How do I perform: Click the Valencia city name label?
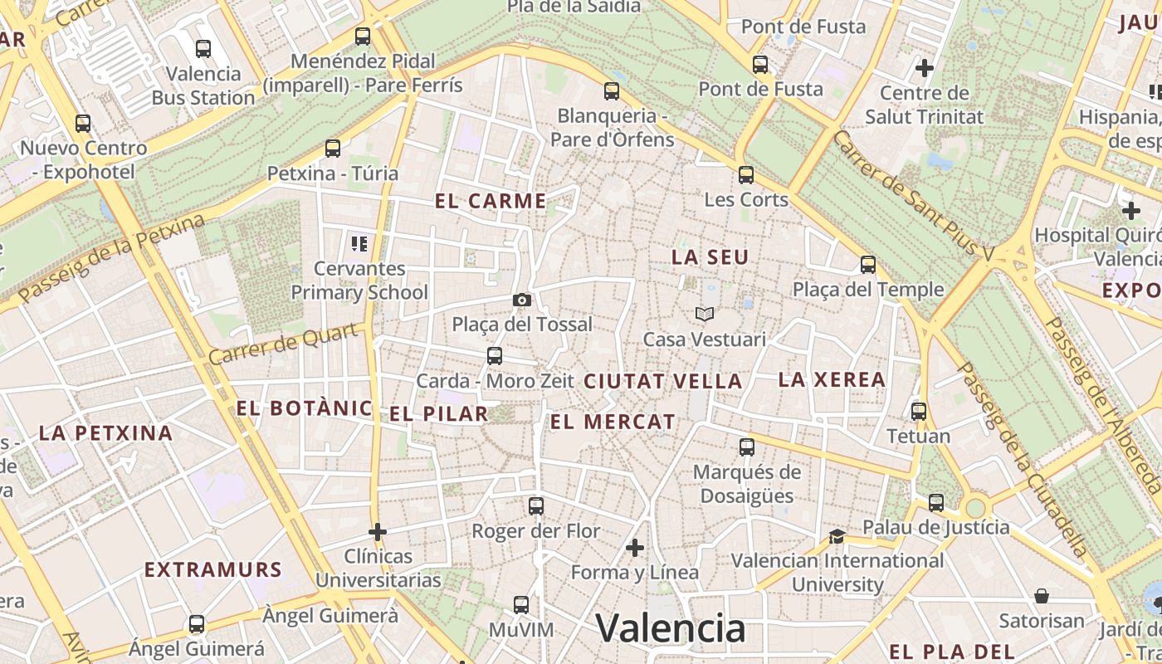pyautogui.click(x=671, y=628)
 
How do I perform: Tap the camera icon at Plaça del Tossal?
pyautogui.click(x=522, y=300)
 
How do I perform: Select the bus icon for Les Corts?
pyautogui.click(x=746, y=175)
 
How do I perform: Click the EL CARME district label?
pyautogui.click(x=491, y=201)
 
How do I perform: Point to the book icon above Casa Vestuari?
pyautogui.click(x=705, y=314)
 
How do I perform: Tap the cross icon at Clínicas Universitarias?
pyautogui.click(x=378, y=531)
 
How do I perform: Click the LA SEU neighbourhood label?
pyautogui.click(x=710, y=257)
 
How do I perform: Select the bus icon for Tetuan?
pyautogui.click(x=919, y=412)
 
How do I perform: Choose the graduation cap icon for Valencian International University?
pyautogui.click(x=837, y=536)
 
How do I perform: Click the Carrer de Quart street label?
pyautogui.click(x=286, y=343)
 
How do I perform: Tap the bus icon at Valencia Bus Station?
pyautogui.click(x=203, y=49)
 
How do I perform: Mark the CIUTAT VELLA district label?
pyautogui.click(x=662, y=382)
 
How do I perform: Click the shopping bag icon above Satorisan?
pyautogui.click(x=1042, y=596)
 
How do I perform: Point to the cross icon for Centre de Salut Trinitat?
pyautogui.click(x=924, y=67)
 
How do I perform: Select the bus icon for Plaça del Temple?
pyautogui.click(x=868, y=265)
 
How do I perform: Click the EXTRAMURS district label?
pyautogui.click(x=213, y=569)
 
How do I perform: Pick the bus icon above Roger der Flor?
pyautogui.click(x=536, y=506)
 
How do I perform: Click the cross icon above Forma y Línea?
pyautogui.click(x=635, y=548)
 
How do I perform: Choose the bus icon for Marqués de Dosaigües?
pyautogui.click(x=747, y=447)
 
